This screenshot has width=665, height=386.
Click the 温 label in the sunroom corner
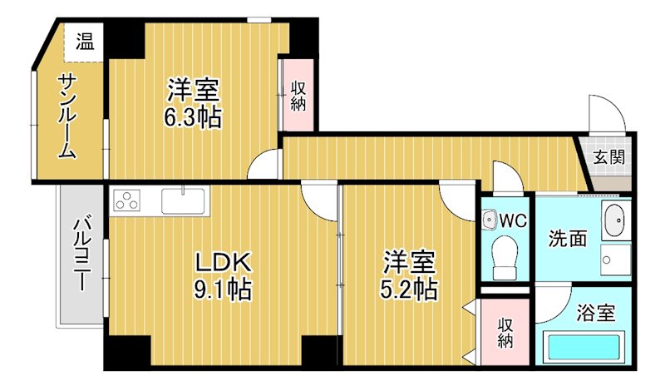[x=85, y=41]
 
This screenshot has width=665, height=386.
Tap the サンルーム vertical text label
[x=67, y=116]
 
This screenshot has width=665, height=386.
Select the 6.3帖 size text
[x=192, y=117]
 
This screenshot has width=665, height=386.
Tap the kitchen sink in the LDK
[x=184, y=200]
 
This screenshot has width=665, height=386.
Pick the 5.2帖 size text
[x=409, y=289]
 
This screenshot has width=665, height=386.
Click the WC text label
[x=513, y=220]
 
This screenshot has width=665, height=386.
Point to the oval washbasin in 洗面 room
[x=616, y=221]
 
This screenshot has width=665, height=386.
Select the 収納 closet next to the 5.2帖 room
[x=505, y=334]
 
